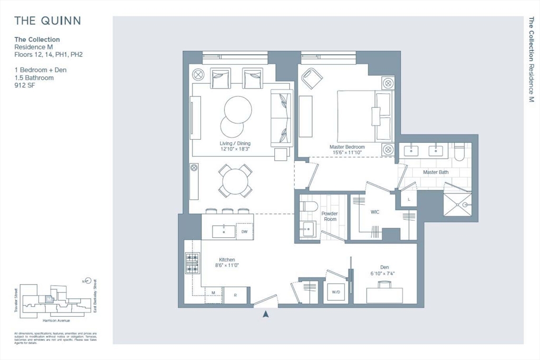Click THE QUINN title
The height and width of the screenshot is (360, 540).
(x=47, y=21)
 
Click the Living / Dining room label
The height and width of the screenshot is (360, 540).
(x=235, y=143)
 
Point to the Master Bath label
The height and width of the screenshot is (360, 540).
(x=436, y=172)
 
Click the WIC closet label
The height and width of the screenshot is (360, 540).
(x=374, y=212)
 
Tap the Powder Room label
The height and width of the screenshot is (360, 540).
(x=330, y=216)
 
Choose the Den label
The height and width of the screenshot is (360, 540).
(x=384, y=267)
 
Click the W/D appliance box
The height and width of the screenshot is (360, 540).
(x=336, y=291)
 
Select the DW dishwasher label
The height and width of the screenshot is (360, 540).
(x=244, y=231)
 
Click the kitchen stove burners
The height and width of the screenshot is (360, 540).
(x=192, y=263)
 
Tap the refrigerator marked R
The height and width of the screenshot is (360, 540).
(x=236, y=295)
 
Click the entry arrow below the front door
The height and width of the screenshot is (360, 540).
(x=266, y=314)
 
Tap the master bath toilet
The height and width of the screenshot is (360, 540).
(x=458, y=152)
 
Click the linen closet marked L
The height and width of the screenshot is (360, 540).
(x=409, y=199)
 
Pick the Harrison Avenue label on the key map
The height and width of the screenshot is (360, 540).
(x=54, y=320)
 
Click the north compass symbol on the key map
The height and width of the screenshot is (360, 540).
(x=88, y=281)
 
